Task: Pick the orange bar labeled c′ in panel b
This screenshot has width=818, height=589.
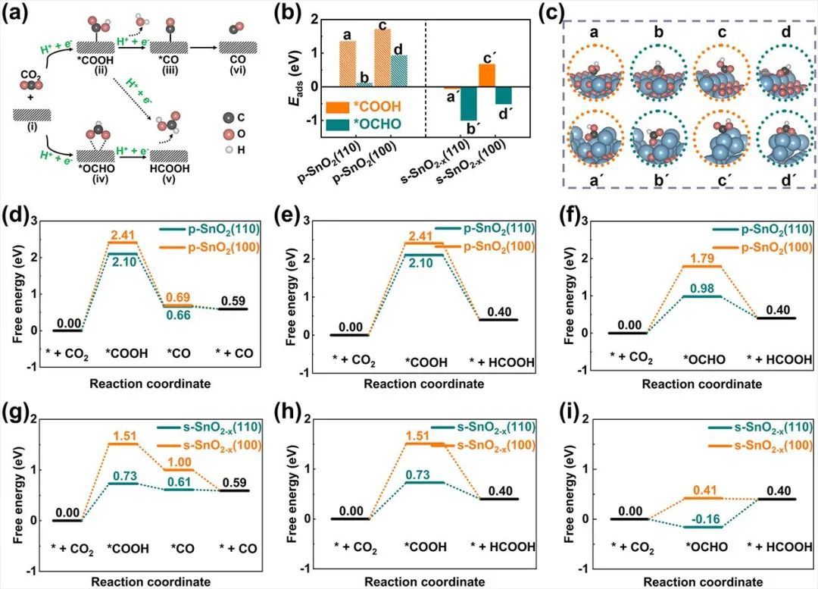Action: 487,75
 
